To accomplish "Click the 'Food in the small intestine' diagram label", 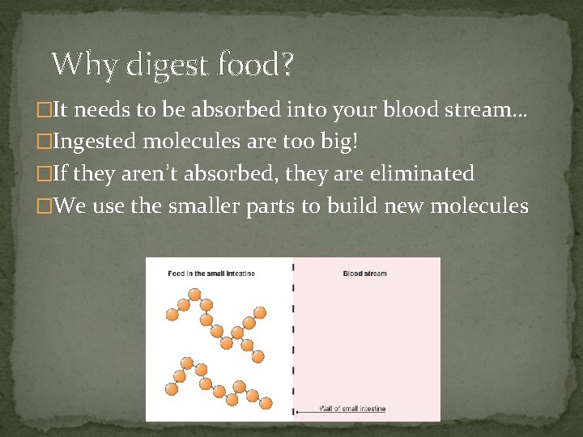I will (211, 274).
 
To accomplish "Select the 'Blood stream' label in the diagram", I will (364, 274).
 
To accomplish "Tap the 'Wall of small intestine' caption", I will (352, 409).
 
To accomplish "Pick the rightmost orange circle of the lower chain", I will (266, 402).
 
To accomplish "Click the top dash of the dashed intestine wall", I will (293, 267).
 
